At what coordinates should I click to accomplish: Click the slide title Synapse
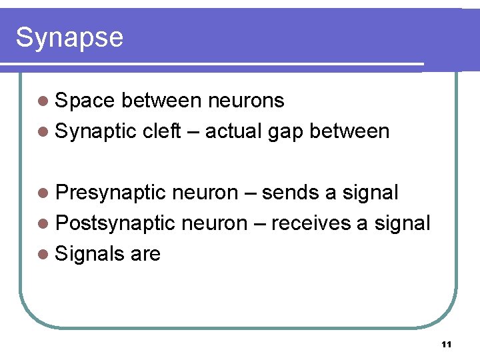tap(69, 38)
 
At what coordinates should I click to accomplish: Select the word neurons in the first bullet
tap(246, 101)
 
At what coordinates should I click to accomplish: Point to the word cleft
tap(161, 131)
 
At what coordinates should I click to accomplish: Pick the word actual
tap(234, 131)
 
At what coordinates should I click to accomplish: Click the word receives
tap(311, 223)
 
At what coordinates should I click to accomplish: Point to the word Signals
tap(90, 254)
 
